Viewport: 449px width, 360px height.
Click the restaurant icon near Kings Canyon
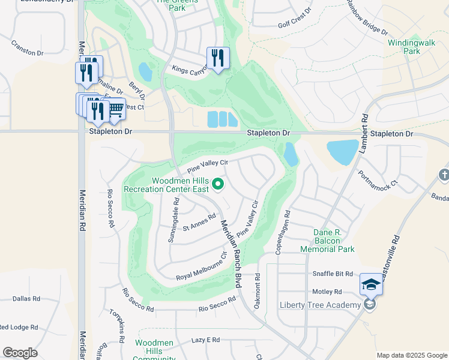pyautogui.click(x=217, y=58)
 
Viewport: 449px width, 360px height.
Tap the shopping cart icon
pyautogui.click(x=115, y=108)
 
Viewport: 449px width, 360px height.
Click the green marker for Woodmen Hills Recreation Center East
pyautogui.click(x=218, y=184)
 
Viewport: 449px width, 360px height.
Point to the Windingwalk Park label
pyautogui.click(x=411, y=47)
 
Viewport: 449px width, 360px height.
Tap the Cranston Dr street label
pyautogui.click(x=28, y=49)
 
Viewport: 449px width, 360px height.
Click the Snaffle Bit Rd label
pyautogui.click(x=333, y=274)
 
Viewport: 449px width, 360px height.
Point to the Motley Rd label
pyautogui.click(x=327, y=292)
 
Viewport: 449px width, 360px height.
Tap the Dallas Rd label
pyautogui.click(x=26, y=298)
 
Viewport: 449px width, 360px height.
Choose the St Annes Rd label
pyautogui.click(x=199, y=223)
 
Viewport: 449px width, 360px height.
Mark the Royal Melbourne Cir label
pyautogui.click(x=201, y=266)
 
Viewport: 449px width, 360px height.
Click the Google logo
pyautogui.click(x=20, y=353)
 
